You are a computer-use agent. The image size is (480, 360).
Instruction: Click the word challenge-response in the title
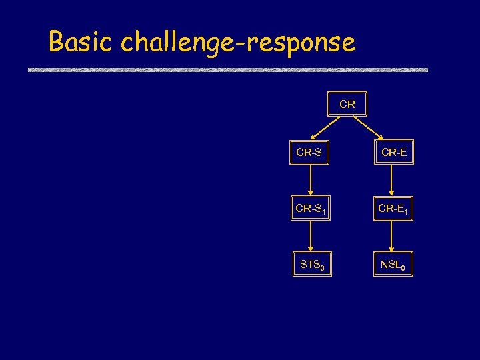coord(238,43)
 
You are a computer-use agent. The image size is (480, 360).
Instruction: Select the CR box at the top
coord(347,105)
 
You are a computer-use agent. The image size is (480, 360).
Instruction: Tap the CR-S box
coord(309,153)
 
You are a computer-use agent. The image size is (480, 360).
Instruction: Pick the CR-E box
coord(394,153)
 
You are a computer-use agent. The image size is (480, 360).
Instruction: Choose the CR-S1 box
coord(311,209)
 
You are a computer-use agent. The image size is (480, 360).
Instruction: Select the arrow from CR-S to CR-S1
coord(310,181)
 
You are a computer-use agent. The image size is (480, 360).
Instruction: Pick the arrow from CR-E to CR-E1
coord(393,181)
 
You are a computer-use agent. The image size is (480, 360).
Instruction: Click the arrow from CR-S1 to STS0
coord(310,237)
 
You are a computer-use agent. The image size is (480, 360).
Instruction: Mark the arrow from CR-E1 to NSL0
coord(393,237)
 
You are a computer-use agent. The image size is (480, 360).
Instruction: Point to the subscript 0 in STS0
coord(323,268)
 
